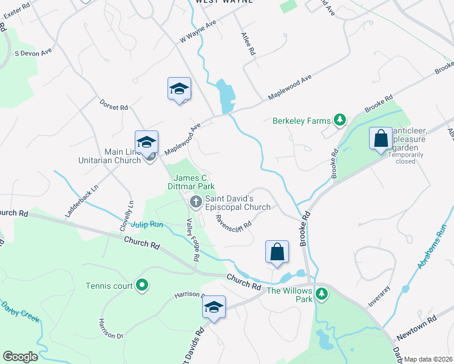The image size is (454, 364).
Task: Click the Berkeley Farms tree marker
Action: pyautogui.click(x=340, y=120)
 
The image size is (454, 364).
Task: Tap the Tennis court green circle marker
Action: pyautogui.click(x=142, y=285)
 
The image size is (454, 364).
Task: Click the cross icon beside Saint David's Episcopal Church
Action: pyautogui.click(x=195, y=201)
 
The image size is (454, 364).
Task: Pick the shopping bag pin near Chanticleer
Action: pyautogui.click(x=381, y=138)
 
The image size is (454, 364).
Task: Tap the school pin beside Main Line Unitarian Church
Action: pyautogui.click(x=146, y=142)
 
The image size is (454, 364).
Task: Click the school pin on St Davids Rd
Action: pyautogui.click(x=214, y=307)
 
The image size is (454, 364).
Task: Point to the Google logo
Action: pyautogui.click(x=20, y=357)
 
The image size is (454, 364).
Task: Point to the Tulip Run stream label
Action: pyautogui.click(x=147, y=224)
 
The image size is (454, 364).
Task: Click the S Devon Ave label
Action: pyautogui.click(x=33, y=53)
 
